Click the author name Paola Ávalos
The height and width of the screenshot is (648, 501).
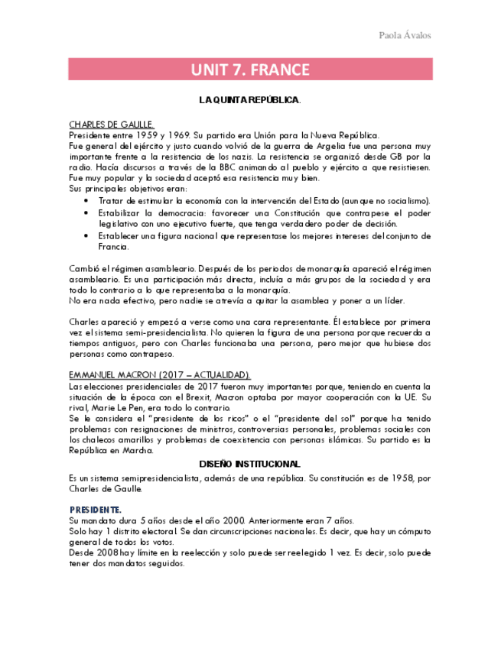tap(405, 36)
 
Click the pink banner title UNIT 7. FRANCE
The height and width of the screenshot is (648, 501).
tap(250, 70)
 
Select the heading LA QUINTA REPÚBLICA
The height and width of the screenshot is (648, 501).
tap(250, 100)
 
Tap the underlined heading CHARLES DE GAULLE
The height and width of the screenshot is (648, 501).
tap(112, 124)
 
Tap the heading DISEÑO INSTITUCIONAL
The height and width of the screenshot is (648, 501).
tap(250, 465)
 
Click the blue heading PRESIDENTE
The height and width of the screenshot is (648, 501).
tap(95, 509)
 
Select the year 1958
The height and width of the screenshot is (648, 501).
tap(390, 478)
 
